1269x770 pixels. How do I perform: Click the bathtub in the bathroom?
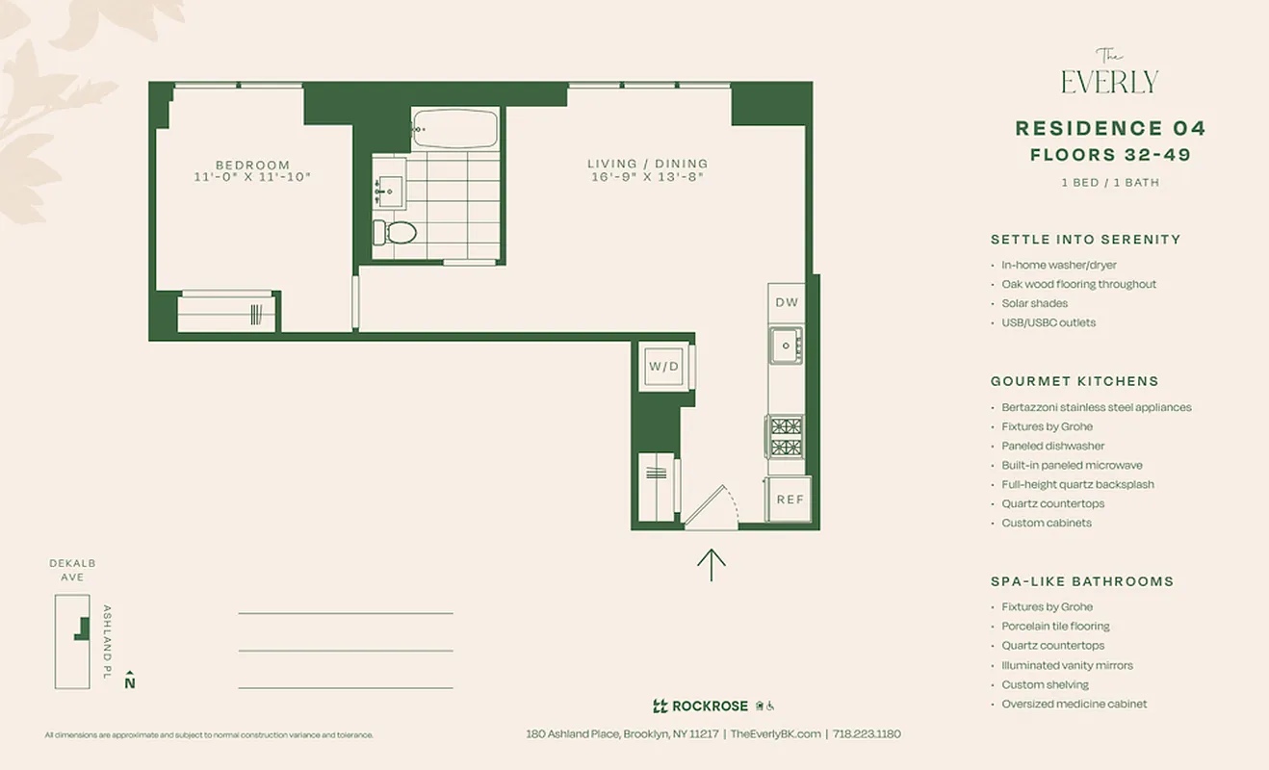454,129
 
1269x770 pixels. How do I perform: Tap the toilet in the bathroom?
396,232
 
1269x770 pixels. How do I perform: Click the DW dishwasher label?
787,302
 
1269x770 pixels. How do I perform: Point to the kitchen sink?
786,345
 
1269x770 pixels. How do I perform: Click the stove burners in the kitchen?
786,436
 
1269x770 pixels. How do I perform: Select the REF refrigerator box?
790,500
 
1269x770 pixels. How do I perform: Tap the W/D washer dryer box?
663,367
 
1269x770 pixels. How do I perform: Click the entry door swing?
711,507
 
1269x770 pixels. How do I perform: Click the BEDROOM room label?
252,165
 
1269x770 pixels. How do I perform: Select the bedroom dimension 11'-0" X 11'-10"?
252,177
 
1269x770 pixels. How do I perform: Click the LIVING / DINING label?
647,164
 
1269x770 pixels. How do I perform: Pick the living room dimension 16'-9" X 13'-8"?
647,177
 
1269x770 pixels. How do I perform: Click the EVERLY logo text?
1109,81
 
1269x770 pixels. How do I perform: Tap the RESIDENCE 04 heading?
1110,129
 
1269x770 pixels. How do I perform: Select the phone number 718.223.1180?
867,733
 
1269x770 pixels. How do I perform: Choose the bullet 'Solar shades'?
1034,303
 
